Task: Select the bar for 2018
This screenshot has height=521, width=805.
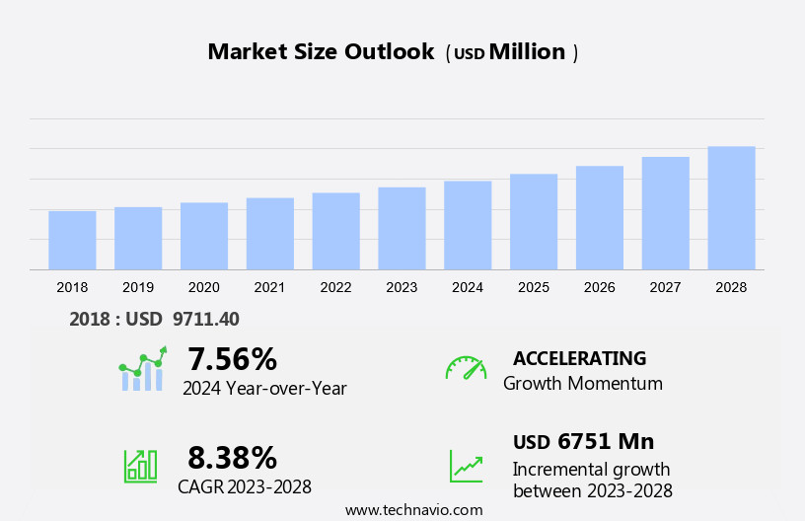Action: (72, 240)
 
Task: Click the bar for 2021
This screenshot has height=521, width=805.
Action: (269, 234)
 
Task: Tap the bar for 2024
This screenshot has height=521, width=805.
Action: (468, 225)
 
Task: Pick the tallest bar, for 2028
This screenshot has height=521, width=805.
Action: (731, 208)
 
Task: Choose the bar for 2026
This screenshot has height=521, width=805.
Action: (600, 218)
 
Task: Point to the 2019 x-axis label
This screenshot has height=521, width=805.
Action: (138, 287)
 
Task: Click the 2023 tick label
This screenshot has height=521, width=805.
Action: (402, 287)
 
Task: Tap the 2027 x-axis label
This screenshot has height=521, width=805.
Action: (665, 287)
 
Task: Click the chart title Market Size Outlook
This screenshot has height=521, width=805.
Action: (321, 52)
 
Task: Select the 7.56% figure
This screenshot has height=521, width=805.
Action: (232, 358)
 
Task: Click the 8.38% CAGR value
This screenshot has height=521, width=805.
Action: (232, 458)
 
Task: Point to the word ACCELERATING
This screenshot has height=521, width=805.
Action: (579, 358)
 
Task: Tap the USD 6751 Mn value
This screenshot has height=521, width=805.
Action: (583, 442)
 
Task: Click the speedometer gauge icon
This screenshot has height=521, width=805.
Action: (466, 368)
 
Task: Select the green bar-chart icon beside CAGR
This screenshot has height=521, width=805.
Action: (140, 466)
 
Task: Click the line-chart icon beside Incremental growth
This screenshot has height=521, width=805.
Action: (466, 466)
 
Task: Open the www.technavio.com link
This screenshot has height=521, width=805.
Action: (413, 510)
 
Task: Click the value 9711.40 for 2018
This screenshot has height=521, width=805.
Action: (205, 319)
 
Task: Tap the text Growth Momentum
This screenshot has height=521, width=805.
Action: (582, 384)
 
